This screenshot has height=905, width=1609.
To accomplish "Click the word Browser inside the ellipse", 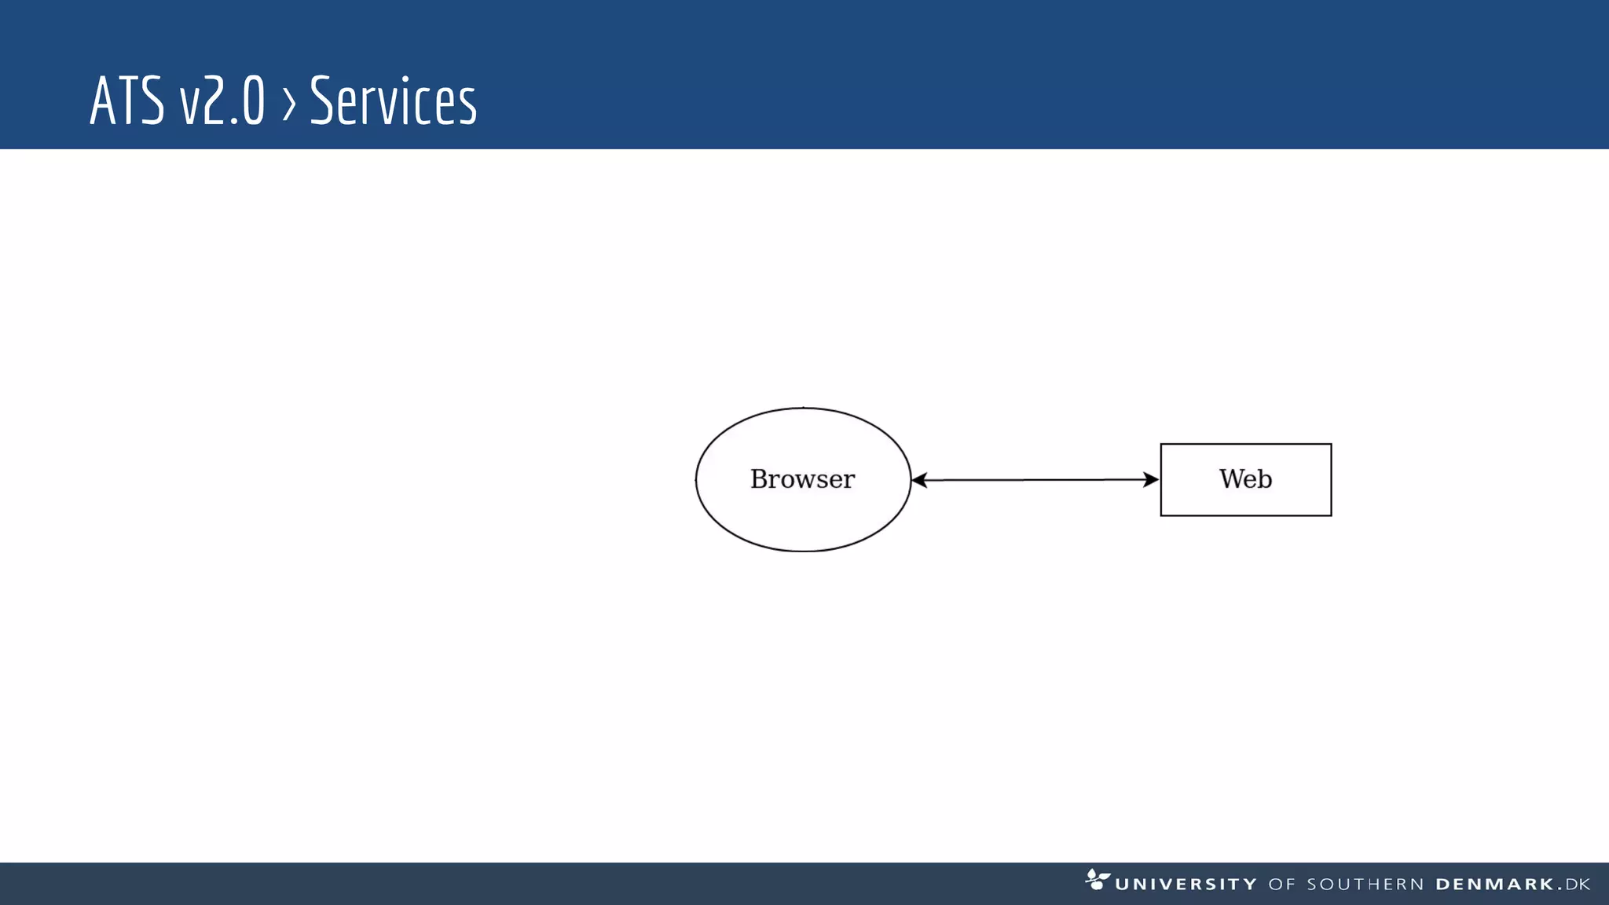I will coord(802,478).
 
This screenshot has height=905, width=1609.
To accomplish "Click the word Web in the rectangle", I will coord(1245,478).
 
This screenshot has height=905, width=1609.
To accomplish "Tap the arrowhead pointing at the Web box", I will coord(1151,479).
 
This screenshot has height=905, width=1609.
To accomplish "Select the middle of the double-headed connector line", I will coord(1035,479).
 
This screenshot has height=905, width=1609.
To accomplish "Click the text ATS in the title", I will coord(126,101).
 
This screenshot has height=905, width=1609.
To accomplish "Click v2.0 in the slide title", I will coord(222,101).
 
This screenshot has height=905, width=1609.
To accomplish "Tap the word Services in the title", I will coord(393,101).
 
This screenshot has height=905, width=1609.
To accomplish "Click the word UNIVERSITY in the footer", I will coord(1186,885).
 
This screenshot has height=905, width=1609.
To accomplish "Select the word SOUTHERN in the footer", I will coord(1365,885).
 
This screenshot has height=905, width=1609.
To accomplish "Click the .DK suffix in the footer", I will coord(1575,885).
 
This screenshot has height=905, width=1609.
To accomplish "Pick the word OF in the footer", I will coord(1281,885).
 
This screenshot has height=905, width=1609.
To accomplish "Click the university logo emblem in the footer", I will coord(1097,879).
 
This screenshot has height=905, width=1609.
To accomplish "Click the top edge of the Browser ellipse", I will coord(803,408).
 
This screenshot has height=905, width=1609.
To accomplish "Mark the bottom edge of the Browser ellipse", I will coord(803,551).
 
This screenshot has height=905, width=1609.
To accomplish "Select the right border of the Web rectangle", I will coord(1331,479).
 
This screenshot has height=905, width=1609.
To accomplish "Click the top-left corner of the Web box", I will coord(1161,445).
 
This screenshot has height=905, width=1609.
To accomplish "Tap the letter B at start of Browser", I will coord(758,478).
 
